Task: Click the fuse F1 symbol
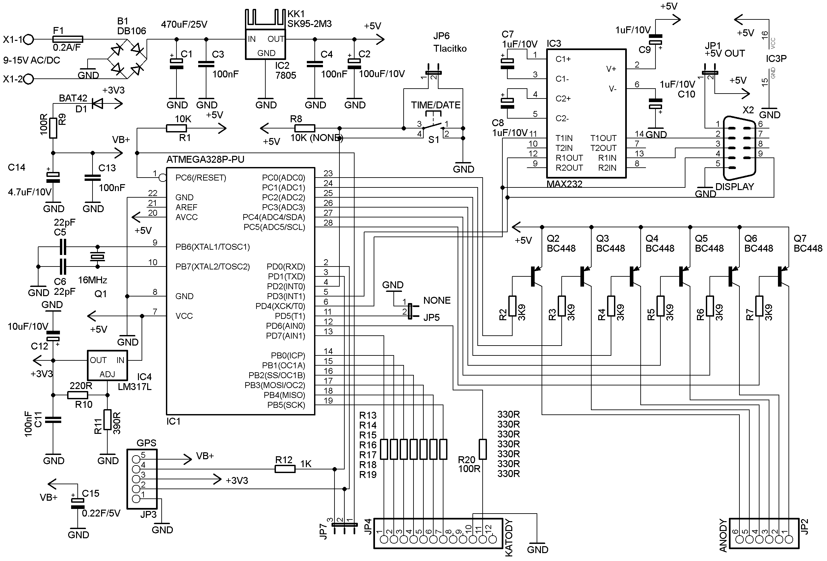click(x=67, y=39)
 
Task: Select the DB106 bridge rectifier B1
click(x=127, y=59)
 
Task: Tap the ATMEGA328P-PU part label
click(x=205, y=159)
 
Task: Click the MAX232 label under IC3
click(x=564, y=184)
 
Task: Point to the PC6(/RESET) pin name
click(x=201, y=178)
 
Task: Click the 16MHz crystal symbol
click(x=97, y=256)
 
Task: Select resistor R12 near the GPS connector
click(x=285, y=469)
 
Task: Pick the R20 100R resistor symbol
click(x=483, y=449)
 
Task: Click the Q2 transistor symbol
click(x=536, y=276)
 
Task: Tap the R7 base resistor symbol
click(x=759, y=306)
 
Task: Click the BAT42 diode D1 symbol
click(x=97, y=103)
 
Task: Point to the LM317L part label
click(x=135, y=387)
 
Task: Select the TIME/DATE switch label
click(x=436, y=105)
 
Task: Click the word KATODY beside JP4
click(x=509, y=538)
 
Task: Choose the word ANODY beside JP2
click(x=723, y=535)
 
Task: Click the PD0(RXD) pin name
click(x=286, y=266)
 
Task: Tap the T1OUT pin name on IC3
click(x=603, y=138)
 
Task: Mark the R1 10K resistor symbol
click(x=176, y=128)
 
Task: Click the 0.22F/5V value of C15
click(x=101, y=513)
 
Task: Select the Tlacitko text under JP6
click(x=450, y=48)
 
